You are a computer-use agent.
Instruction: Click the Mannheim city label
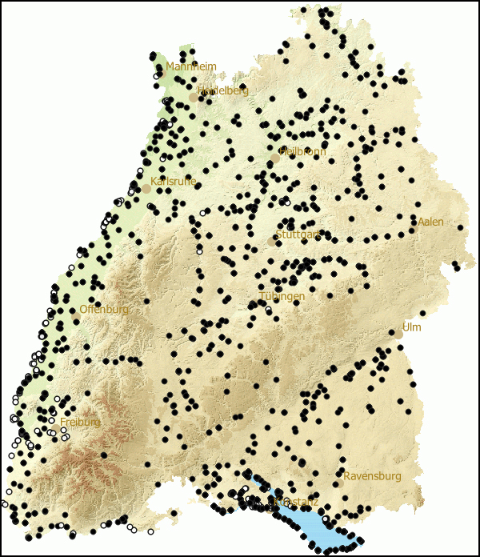191,66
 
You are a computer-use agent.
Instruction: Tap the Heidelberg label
222,90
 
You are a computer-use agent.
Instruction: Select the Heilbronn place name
302,151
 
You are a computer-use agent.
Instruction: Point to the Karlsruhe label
173,182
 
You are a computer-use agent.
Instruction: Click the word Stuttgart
298,235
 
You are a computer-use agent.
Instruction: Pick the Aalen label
430,222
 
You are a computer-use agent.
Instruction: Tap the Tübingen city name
282,296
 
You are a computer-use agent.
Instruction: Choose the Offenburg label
104,309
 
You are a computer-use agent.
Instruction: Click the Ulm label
411,327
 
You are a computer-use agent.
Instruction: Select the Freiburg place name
80,422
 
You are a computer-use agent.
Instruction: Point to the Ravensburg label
373,476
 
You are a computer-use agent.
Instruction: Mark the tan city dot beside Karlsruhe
146,189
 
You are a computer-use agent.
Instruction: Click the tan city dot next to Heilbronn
275,158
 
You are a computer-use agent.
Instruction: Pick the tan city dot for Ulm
399,335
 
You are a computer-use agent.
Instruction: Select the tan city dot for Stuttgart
271,242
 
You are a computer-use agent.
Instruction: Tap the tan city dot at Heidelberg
193,98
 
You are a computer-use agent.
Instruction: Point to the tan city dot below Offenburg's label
77,319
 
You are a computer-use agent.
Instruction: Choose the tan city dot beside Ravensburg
339,483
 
